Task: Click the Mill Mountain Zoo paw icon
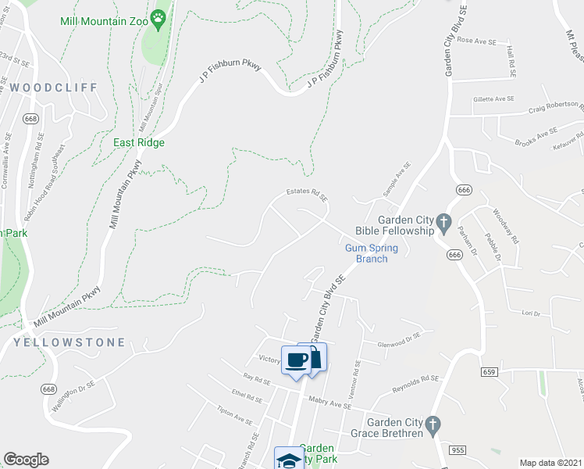159,16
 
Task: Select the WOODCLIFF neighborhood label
54,88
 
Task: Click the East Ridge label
139,142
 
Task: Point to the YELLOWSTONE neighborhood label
69,342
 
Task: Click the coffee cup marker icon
297,360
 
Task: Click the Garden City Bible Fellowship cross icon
443,224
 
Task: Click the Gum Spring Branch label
372,253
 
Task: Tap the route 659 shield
490,371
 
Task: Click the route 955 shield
458,448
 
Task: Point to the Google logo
26,460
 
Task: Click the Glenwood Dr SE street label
399,339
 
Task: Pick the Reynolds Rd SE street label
417,383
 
